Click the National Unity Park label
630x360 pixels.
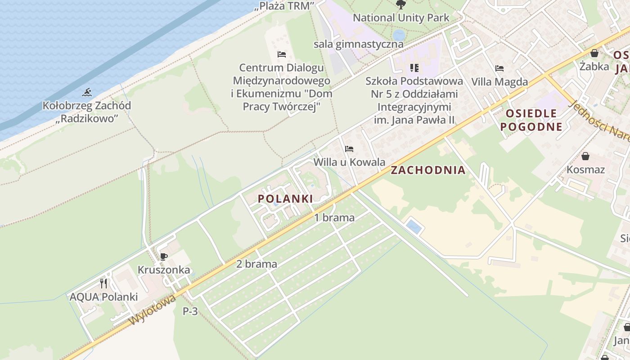401,18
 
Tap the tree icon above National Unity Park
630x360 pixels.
400,5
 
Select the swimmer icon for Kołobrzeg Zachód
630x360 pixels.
87,92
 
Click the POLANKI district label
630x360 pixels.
285,198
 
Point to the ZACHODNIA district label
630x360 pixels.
428,170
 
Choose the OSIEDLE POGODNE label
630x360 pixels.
531,120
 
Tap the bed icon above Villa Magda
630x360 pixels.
499,68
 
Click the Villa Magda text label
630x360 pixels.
499,82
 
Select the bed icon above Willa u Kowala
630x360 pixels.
349,148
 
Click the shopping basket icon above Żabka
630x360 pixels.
594,53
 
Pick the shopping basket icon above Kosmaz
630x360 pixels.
585,156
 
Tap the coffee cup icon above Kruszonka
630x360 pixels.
164,256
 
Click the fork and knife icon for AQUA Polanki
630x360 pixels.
103,283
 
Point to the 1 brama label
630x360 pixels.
334,218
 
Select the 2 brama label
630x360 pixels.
256,264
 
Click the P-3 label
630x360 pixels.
190,311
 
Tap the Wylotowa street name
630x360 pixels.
152,310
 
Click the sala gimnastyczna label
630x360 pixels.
358,44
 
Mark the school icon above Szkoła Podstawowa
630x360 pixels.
414,68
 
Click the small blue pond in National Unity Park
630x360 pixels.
399,35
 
